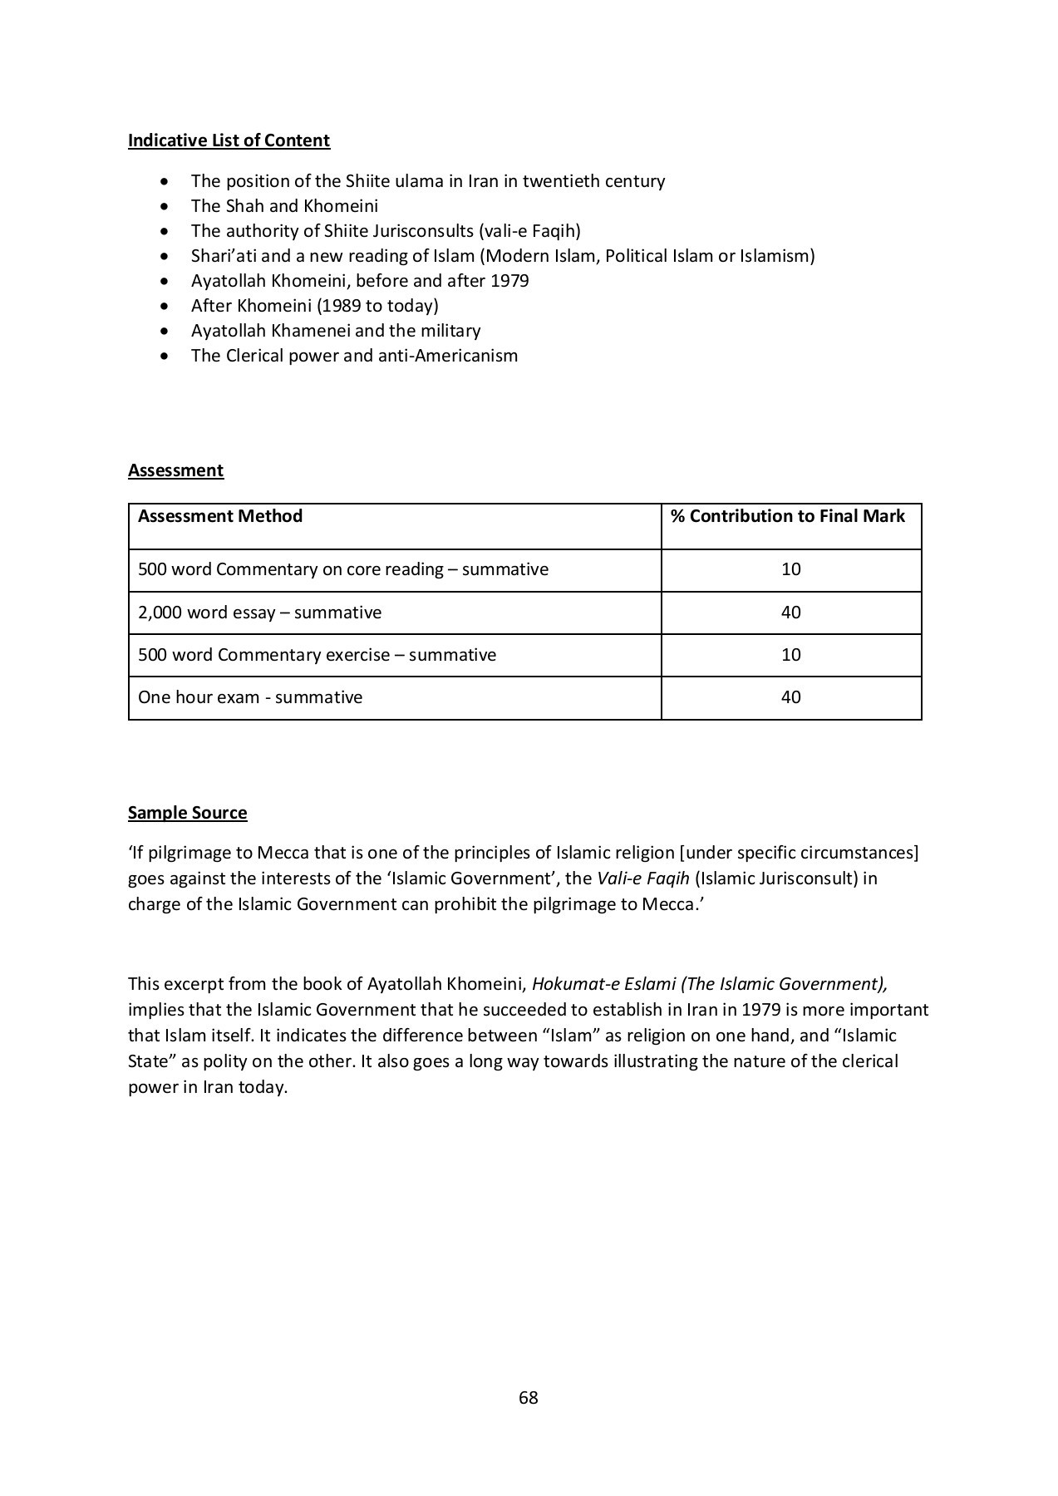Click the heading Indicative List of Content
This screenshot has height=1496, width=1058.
[229, 140]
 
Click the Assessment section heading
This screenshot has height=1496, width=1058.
[175, 470]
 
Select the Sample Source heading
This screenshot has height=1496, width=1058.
[187, 813]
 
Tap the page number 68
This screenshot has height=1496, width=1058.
[528, 1398]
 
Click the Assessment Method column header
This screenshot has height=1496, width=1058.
[220, 516]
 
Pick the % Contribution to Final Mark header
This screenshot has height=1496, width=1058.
[787, 516]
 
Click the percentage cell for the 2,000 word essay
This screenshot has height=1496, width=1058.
[790, 613]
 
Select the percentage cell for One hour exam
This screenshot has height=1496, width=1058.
[790, 697]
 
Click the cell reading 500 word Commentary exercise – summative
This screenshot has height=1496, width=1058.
[317, 655]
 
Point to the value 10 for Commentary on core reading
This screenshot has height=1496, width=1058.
[790, 569]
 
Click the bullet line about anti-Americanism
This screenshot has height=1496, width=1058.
[354, 356]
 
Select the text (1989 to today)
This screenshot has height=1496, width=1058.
[377, 306]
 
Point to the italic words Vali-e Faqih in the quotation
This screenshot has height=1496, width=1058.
[642, 878]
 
